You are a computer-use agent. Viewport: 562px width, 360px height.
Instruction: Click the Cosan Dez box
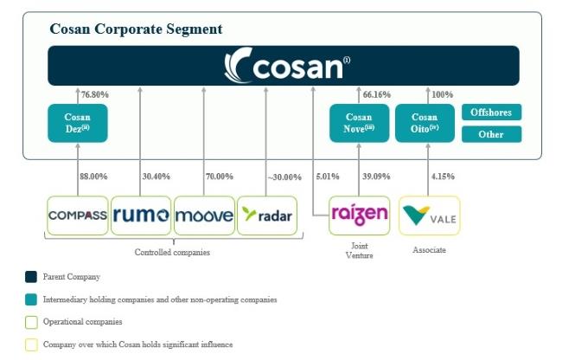78,123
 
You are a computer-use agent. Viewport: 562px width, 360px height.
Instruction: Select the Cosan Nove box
359,123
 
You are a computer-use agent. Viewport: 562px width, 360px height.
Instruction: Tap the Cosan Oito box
425,123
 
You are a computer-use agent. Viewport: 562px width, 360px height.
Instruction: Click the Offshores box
491,112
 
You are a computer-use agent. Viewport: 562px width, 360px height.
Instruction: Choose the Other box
491,134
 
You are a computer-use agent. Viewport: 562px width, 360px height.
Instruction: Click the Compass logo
78,215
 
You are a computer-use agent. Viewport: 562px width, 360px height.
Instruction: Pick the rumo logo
141,215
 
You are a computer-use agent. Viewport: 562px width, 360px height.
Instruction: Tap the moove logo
204,215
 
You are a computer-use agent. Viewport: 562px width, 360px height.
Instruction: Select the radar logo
267,215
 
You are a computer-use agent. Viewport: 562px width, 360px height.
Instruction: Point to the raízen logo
359,215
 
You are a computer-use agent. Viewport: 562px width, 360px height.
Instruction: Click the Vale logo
430,215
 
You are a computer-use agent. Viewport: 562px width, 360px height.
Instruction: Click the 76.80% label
94,94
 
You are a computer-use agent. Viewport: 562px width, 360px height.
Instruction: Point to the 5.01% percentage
327,177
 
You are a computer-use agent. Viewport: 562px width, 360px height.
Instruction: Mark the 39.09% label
376,177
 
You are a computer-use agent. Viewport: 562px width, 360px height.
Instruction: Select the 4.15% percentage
443,177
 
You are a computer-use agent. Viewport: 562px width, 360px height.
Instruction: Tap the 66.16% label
377,94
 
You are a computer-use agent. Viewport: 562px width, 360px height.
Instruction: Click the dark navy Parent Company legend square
31,277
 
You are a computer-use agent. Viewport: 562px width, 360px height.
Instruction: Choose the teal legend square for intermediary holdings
31,299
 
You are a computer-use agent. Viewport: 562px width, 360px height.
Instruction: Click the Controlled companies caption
172,253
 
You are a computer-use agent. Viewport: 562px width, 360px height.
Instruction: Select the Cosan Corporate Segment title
136,29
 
